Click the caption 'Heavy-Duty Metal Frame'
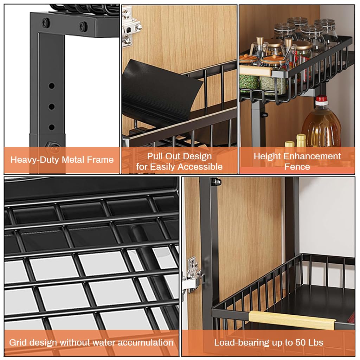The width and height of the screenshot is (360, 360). [x=62, y=160]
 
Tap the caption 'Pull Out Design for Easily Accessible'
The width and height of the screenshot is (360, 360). [x=179, y=161]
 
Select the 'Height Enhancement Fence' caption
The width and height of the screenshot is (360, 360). [x=297, y=161]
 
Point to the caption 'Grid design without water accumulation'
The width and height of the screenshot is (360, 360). [x=91, y=342]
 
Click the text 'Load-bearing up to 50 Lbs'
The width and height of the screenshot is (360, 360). [x=269, y=342]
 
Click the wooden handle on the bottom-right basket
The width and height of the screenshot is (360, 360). [x=292, y=320]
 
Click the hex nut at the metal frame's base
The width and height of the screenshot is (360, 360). [x=49, y=145]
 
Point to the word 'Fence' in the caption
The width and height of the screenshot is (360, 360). [x=297, y=166]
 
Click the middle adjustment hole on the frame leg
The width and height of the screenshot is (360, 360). [x=52, y=106]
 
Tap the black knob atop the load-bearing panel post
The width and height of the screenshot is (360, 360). [x=216, y=181]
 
